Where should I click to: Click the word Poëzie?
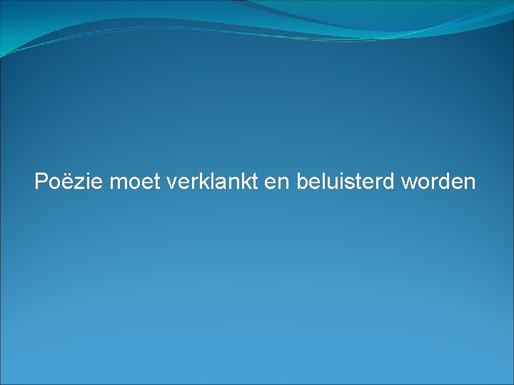[69, 182]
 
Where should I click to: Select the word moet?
[135, 182]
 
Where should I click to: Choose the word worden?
[438, 182]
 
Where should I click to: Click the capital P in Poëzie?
[41, 182]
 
